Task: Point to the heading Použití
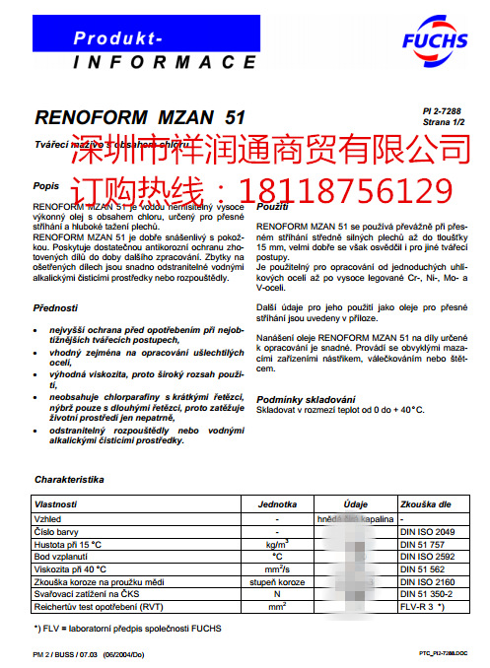(272, 209)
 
